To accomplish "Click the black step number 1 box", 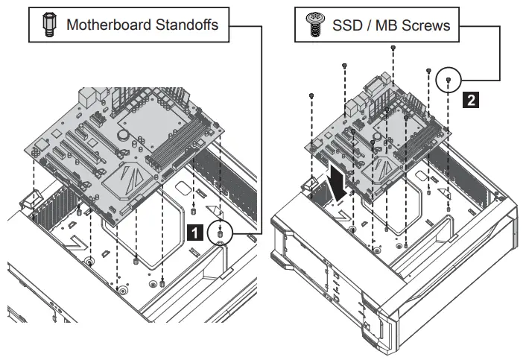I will [194, 233].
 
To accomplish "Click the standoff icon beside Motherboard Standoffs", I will [50, 25].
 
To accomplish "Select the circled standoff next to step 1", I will [221, 233].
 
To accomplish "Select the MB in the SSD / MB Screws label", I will [393, 25].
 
